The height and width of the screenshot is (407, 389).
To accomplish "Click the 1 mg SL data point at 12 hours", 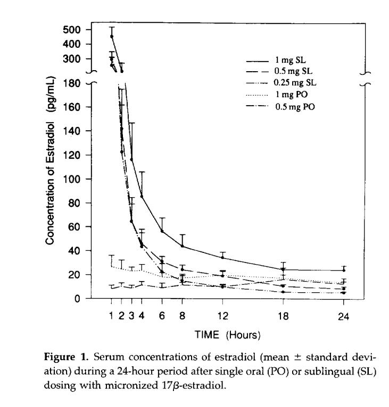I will pos(222,258).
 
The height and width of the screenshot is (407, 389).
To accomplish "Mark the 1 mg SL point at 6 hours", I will pos(162,231).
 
